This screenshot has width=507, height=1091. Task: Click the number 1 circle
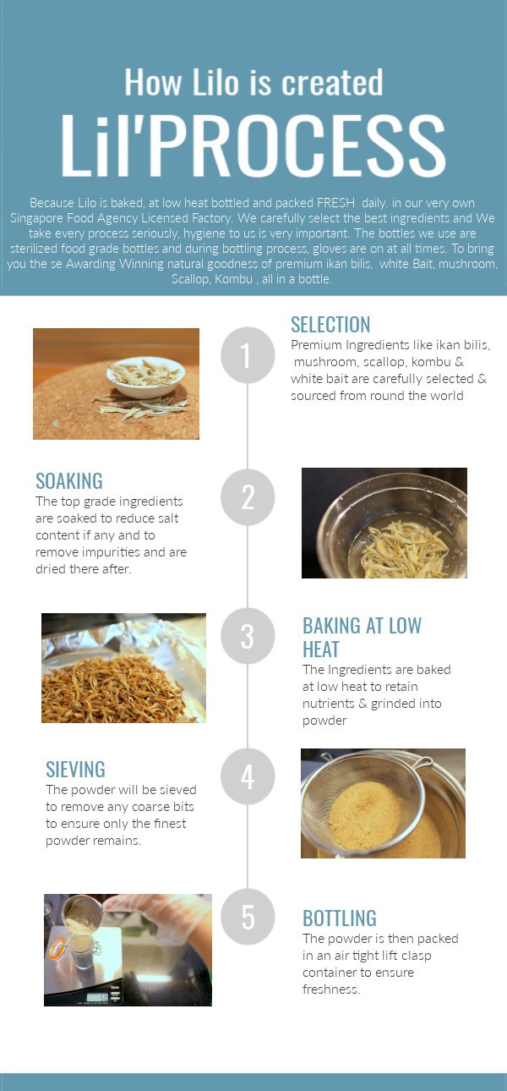(x=248, y=355)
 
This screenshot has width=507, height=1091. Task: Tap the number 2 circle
(x=248, y=497)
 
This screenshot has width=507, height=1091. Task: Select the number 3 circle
(x=248, y=636)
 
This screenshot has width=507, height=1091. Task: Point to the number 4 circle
(x=248, y=776)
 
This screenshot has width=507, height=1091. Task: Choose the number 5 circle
(x=248, y=917)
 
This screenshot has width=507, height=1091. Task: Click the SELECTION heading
(x=330, y=325)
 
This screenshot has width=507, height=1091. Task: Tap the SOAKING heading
(x=69, y=481)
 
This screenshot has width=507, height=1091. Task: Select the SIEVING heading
(x=75, y=770)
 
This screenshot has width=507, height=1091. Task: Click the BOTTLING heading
(x=340, y=918)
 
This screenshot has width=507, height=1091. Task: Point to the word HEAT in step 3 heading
(x=321, y=650)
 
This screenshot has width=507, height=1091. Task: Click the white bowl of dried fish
(x=145, y=377)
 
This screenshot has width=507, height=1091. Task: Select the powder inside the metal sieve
(x=365, y=816)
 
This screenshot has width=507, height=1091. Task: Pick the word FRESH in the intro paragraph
(x=335, y=203)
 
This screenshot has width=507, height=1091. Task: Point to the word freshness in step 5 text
(x=331, y=990)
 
